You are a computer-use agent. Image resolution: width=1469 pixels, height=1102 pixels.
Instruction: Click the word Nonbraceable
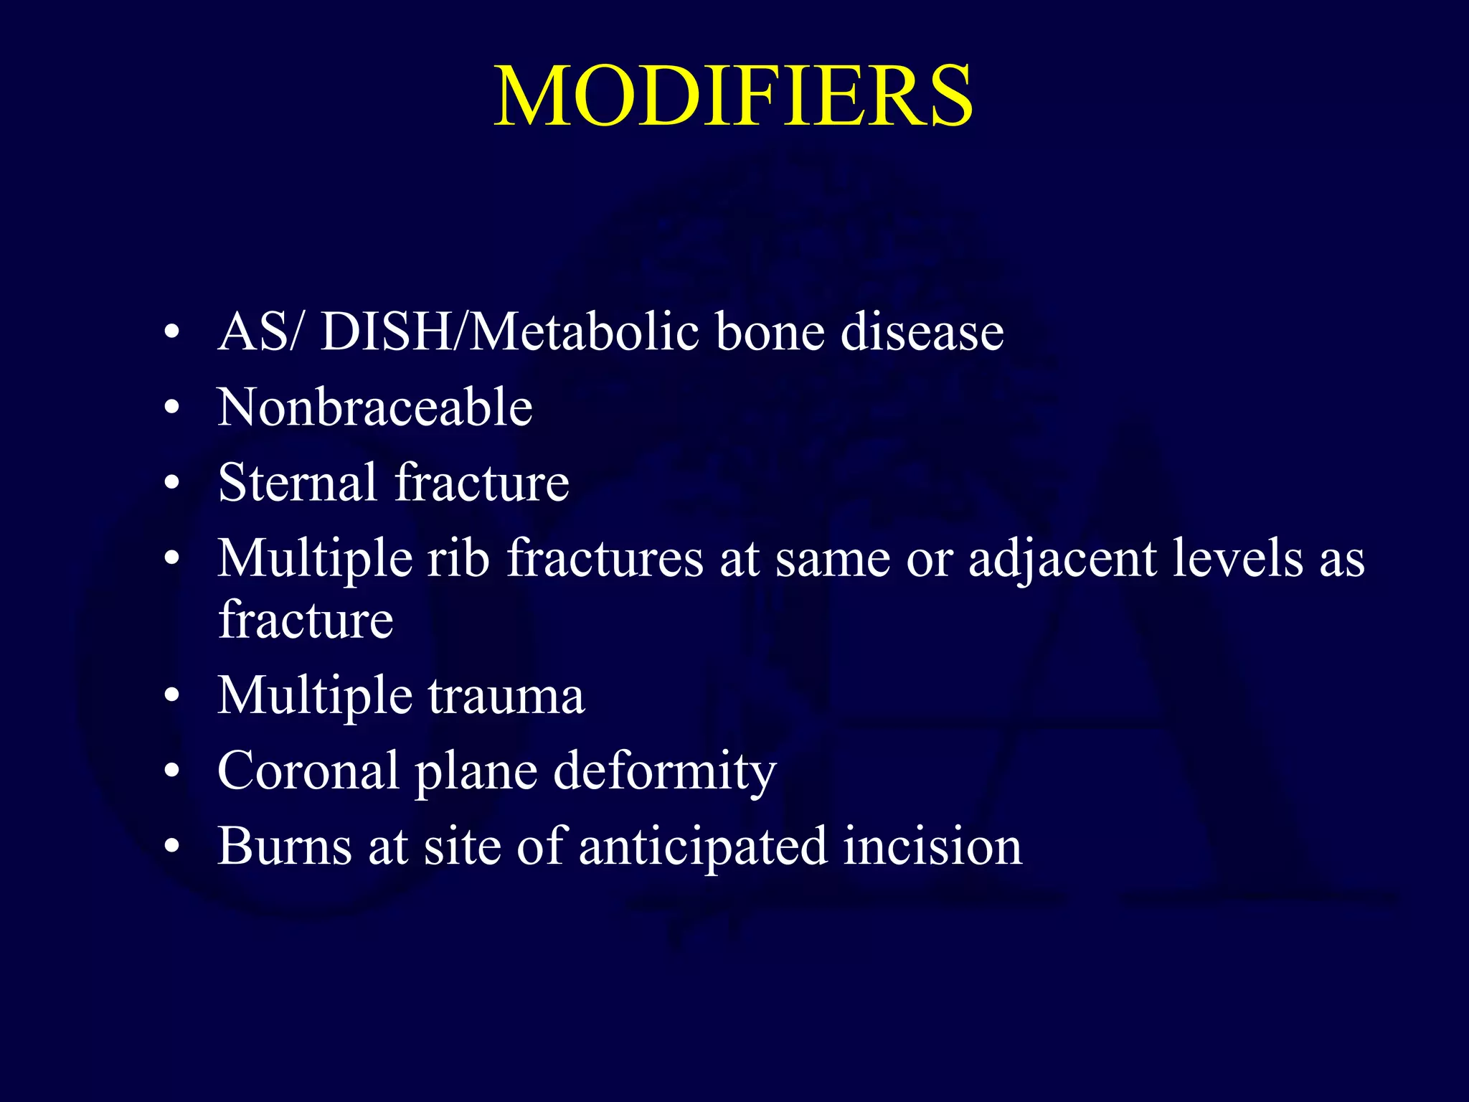click(x=375, y=407)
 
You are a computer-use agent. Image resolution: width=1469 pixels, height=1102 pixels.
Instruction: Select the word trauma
click(x=506, y=695)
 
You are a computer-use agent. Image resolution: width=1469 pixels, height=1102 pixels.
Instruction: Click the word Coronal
click(x=308, y=771)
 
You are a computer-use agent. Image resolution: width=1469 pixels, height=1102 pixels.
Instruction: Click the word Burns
click(x=285, y=846)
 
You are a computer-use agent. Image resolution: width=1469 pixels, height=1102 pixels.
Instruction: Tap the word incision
click(x=932, y=846)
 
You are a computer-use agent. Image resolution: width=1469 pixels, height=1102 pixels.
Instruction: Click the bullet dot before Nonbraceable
click(x=171, y=408)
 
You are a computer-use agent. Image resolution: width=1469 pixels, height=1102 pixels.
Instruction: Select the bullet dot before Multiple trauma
click(x=171, y=696)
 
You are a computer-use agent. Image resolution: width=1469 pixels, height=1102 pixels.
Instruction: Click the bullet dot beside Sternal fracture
click(x=171, y=483)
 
